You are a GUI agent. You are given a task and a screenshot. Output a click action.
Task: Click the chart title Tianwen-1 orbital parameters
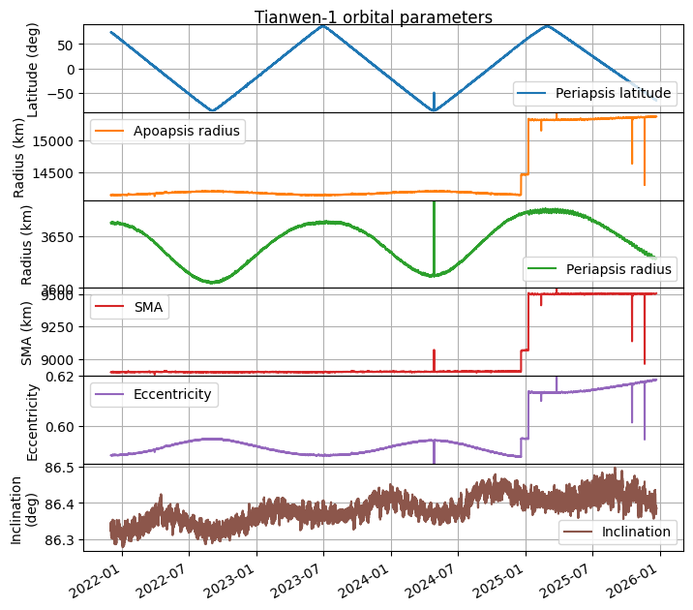tap(374, 17)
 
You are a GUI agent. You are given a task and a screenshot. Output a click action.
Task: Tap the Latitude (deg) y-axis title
tap(35, 69)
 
